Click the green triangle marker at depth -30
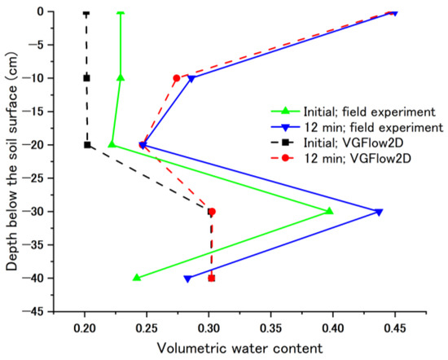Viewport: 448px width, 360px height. (x=329, y=211)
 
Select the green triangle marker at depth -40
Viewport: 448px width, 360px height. (x=137, y=278)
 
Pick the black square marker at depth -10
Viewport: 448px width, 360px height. (x=86, y=78)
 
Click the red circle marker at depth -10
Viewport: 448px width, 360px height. (x=176, y=78)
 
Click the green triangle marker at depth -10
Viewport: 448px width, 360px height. (x=121, y=77)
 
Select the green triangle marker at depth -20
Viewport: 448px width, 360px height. (x=112, y=144)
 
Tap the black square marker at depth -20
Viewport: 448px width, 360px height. (x=87, y=145)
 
